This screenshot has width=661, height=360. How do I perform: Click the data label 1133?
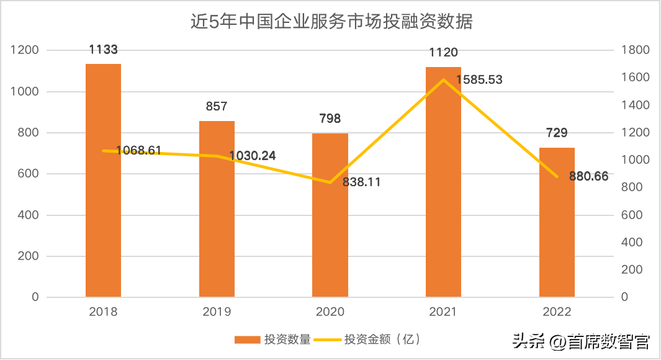tap(104, 50)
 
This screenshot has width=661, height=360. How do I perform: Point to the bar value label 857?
tap(217, 107)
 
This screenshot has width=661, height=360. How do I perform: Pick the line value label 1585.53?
tap(479, 79)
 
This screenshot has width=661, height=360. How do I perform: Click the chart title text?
tap(331, 22)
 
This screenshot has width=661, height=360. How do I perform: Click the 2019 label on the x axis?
tap(217, 312)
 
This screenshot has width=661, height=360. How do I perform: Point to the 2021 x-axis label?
tap(443, 312)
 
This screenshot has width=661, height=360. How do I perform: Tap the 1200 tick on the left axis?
tap(25, 50)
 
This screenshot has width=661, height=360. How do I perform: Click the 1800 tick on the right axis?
tap(635, 50)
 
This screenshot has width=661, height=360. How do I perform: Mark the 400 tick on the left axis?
tap(29, 215)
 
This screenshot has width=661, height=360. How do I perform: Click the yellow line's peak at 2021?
tap(443, 79)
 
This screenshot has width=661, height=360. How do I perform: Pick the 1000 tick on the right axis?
tap(635, 160)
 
